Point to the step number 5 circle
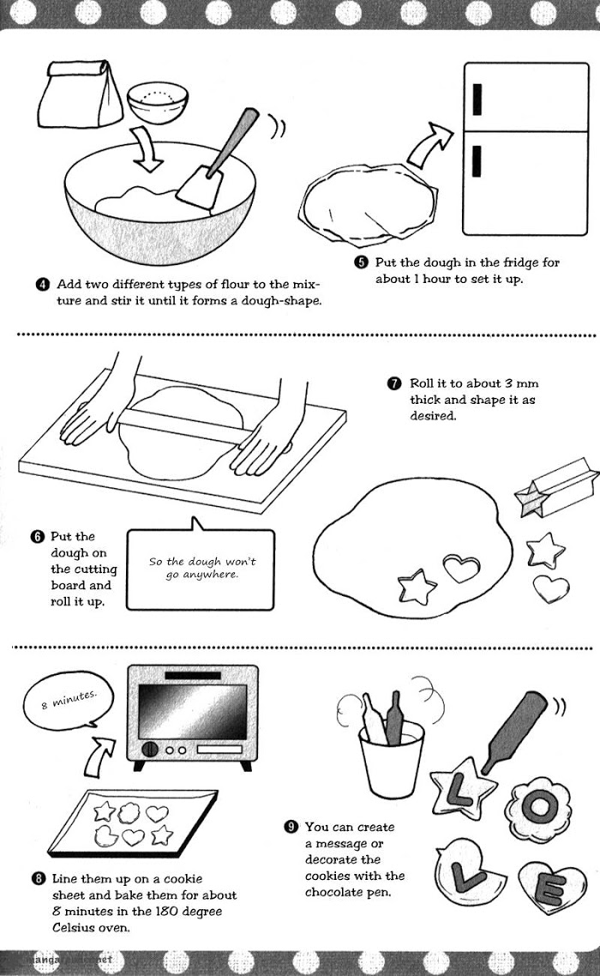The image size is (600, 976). click(x=362, y=263)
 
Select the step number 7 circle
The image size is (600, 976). click(x=394, y=383)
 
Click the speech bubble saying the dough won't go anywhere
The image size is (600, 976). click(x=201, y=568)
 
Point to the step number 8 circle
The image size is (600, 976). click(x=39, y=879)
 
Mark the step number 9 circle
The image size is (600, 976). click(x=291, y=827)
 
